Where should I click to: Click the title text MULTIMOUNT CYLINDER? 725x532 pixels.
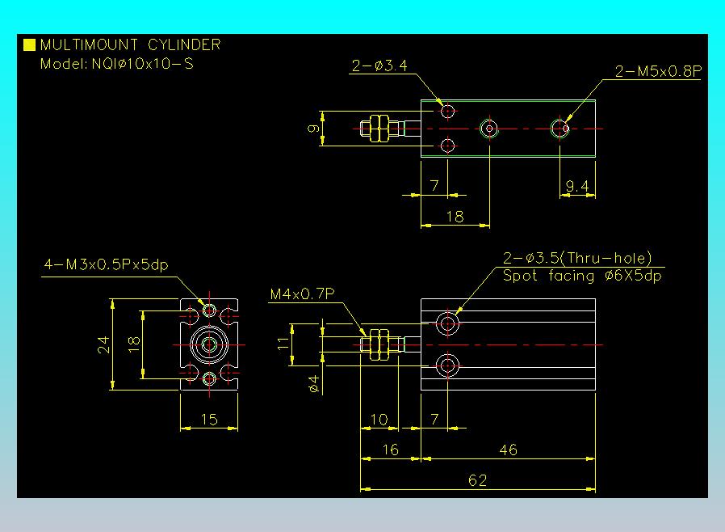click(x=131, y=45)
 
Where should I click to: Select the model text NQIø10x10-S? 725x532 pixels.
click(x=142, y=63)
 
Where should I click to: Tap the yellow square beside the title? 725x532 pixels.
click(x=29, y=44)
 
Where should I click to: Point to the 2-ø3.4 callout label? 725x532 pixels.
click(x=379, y=65)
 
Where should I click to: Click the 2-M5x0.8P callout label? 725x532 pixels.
click(x=659, y=71)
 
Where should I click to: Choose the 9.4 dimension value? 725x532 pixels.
click(x=577, y=186)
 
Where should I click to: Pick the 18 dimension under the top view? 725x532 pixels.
click(x=455, y=217)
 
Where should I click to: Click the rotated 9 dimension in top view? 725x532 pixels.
click(x=313, y=129)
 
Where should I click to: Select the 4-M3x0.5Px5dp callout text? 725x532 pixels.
click(x=106, y=265)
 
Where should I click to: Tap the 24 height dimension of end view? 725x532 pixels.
click(x=103, y=344)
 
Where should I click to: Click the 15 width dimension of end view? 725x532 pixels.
click(x=209, y=420)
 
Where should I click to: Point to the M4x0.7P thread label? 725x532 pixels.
click(x=303, y=294)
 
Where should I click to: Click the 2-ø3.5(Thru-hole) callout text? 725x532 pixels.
click(x=577, y=258)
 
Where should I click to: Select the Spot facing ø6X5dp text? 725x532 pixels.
click(x=582, y=276)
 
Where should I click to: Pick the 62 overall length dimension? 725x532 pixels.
click(x=478, y=480)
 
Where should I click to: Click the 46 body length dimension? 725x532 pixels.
click(x=508, y=450)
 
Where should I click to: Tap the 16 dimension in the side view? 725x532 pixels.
click(x=391, y=450)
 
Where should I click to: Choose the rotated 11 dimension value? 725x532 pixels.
click(x=283, y=344)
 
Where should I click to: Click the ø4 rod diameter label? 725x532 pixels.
click(x=313, y=384)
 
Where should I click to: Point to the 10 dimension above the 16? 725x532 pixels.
click(x=379, y=420)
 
